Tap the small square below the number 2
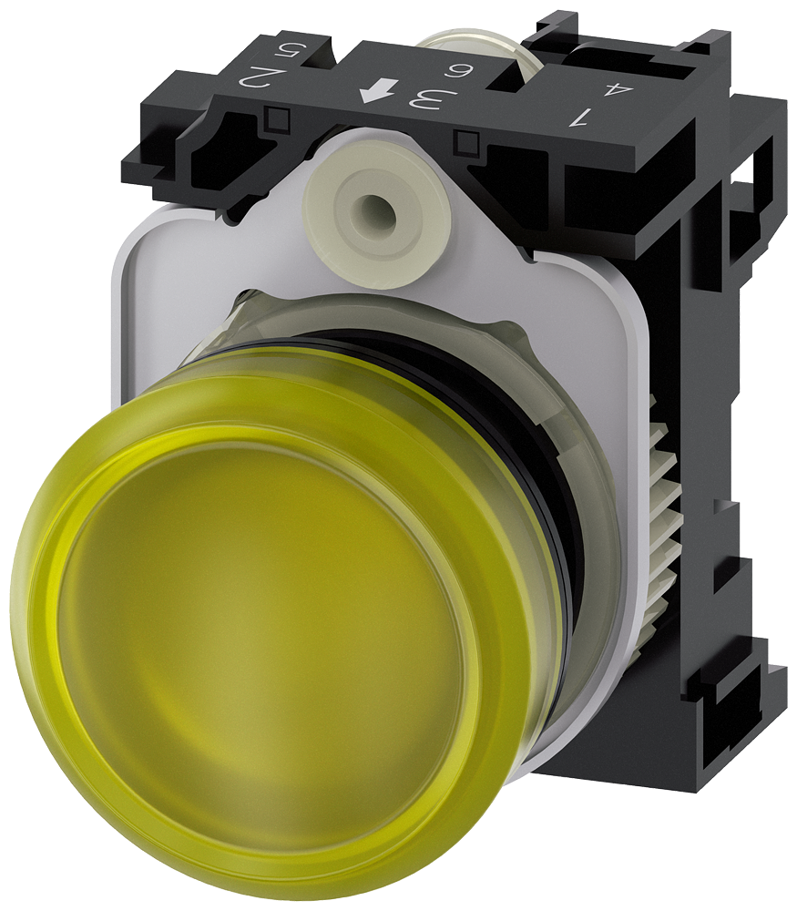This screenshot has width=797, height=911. [275, 116]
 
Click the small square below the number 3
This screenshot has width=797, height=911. [468, 141]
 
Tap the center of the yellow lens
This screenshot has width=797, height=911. [273, 638]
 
